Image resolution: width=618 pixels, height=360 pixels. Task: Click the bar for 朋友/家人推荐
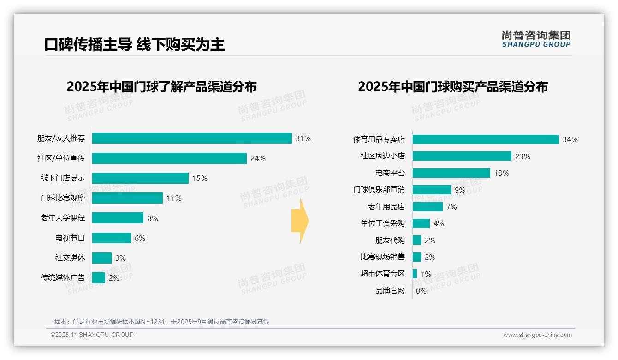tap(192, 138)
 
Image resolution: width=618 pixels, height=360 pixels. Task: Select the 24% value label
tap(258, 158)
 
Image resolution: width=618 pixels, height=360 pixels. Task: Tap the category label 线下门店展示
tap(63, 178)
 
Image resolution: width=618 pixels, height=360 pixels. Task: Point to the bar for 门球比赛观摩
tap(128, 198)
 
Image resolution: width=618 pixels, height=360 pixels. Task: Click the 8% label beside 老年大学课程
tap(153, 218)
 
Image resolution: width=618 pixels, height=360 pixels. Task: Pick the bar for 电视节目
tap(112, 238)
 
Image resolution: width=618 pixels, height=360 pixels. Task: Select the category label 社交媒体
tap(70, 258)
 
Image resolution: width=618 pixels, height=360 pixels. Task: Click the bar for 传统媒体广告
tap(99, 278)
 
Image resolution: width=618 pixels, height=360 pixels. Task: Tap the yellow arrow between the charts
tap(300, 221)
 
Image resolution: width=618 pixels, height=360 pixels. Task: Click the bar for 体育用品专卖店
tap(486, 139)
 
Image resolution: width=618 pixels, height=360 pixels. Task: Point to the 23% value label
tap(523, 156)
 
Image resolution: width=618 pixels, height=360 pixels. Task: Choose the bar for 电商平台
tap(452, 173)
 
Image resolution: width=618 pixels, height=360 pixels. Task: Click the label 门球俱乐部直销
tap(379, 190)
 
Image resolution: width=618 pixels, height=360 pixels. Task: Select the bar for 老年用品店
tap(428, 207)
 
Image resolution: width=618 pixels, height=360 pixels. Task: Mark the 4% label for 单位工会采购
tap(439, 223)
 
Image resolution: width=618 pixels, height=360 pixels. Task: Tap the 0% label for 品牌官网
tap(421, 291)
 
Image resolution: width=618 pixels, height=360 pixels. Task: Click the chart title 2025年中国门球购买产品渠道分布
tap(453, 87)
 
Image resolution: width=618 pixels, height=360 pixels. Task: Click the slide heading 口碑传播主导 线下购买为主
tap(135, 44)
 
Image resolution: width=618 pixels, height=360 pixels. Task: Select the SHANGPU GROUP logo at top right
tap(536, 39)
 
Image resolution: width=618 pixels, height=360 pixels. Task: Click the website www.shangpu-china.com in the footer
tap(537, 335)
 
